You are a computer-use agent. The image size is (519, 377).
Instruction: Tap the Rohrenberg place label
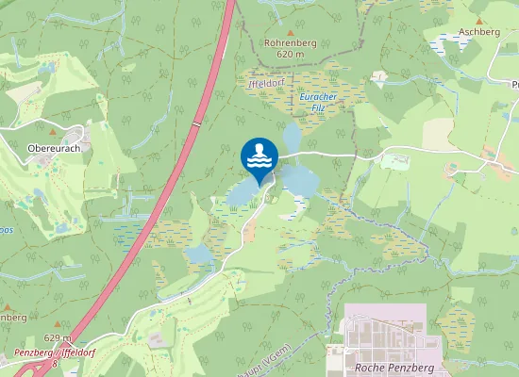291,42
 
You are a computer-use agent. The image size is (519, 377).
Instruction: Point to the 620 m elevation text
291,55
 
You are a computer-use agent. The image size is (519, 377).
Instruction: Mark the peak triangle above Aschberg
478,20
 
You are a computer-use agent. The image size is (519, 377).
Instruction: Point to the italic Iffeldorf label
266,84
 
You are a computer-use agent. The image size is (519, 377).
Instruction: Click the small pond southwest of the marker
199,254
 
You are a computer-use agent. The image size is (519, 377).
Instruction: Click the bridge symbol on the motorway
195,123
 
